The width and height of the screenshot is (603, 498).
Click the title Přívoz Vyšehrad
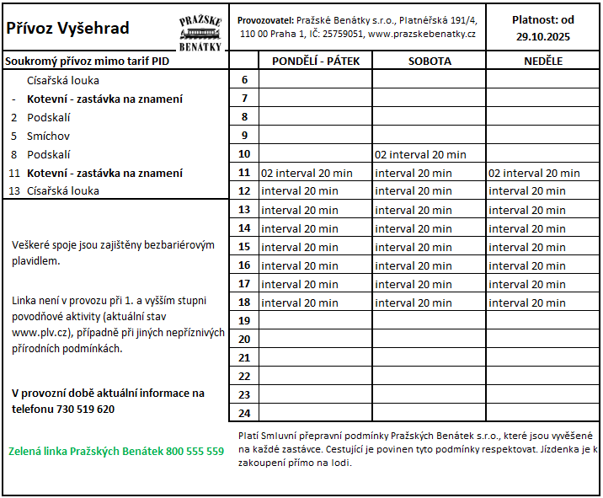pyautogui.click(x=67, y=28)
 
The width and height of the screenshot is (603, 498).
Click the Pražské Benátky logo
pyautogui.click(x=200, y=32)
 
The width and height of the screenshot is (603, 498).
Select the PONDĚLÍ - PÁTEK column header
pyautogui.click(x=315, y=61)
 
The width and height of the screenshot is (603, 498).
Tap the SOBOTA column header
pyautogui.click(x=430, y=61)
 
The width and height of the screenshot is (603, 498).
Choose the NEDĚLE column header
pyautogui.click(x=542, y=61)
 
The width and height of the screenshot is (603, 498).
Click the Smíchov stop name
pyautogui.click(x=48, y=136)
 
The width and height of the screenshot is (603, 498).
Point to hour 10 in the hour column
pyautogui.click(x=244, y=154)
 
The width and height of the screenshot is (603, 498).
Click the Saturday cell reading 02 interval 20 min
pyautogui.click(x=420, y=154)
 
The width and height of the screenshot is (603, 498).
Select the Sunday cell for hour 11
pyautogui.click(x=534, y=173)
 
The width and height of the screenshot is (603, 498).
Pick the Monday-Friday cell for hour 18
pyautogui.click(x=300, y=303)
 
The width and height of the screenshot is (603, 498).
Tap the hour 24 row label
pyautogui.click(x=244, y=413)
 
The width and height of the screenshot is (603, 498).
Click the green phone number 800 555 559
pyautogui.click(x=195, y=451)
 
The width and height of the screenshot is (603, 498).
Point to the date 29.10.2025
pyautogui.click(x=543, y=36)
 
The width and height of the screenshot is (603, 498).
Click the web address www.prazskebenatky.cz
pyautogui.click(x=422, y=34)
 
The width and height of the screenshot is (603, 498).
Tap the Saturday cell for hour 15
pyautogui.click(x=414, y=247)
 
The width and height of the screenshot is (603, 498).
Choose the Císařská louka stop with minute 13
pyautogui.click(x=62, y=190)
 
